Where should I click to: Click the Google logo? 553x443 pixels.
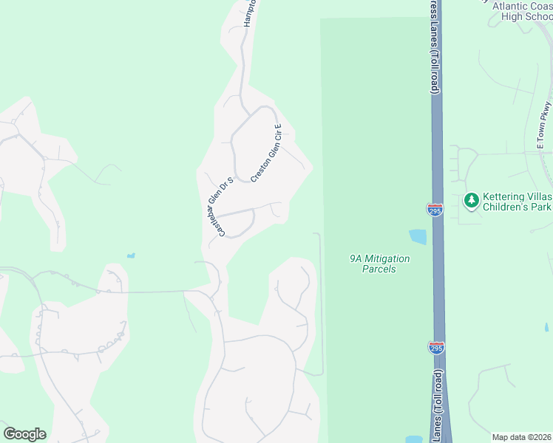pos(24,434)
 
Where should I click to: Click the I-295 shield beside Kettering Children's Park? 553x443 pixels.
pos(435,210)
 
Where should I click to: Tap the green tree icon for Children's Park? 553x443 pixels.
pos(471,200)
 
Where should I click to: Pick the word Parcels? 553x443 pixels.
pos(379,269)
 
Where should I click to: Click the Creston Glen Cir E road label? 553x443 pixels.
pos(267,154)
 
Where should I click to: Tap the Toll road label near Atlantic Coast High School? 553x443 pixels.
pos(434,48)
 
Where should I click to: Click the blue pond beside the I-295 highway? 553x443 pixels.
pos(418,237)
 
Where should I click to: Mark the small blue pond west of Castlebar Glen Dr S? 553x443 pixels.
pos(131,255)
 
